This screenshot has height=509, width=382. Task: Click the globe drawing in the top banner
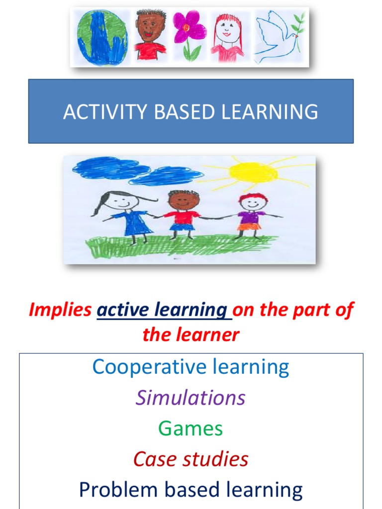pyautogui.click(x=101, y=37)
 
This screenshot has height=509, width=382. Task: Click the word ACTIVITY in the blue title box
pyautogui.click(x=105, y=112)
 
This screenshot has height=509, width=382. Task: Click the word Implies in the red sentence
pyautogui.click(x=60, y=310)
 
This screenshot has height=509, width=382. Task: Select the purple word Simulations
pyautogui.click(x=191, y=398)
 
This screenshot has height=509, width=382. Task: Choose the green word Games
pyautogui.click(x=191, y=428)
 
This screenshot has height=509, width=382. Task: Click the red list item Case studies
pyautogui.click(x=191, y=459)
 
